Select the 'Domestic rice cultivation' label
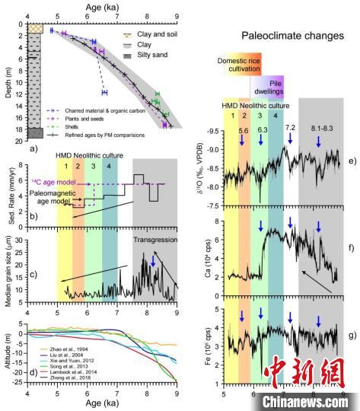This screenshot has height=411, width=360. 244,68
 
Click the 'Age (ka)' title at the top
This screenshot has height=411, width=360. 102,5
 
